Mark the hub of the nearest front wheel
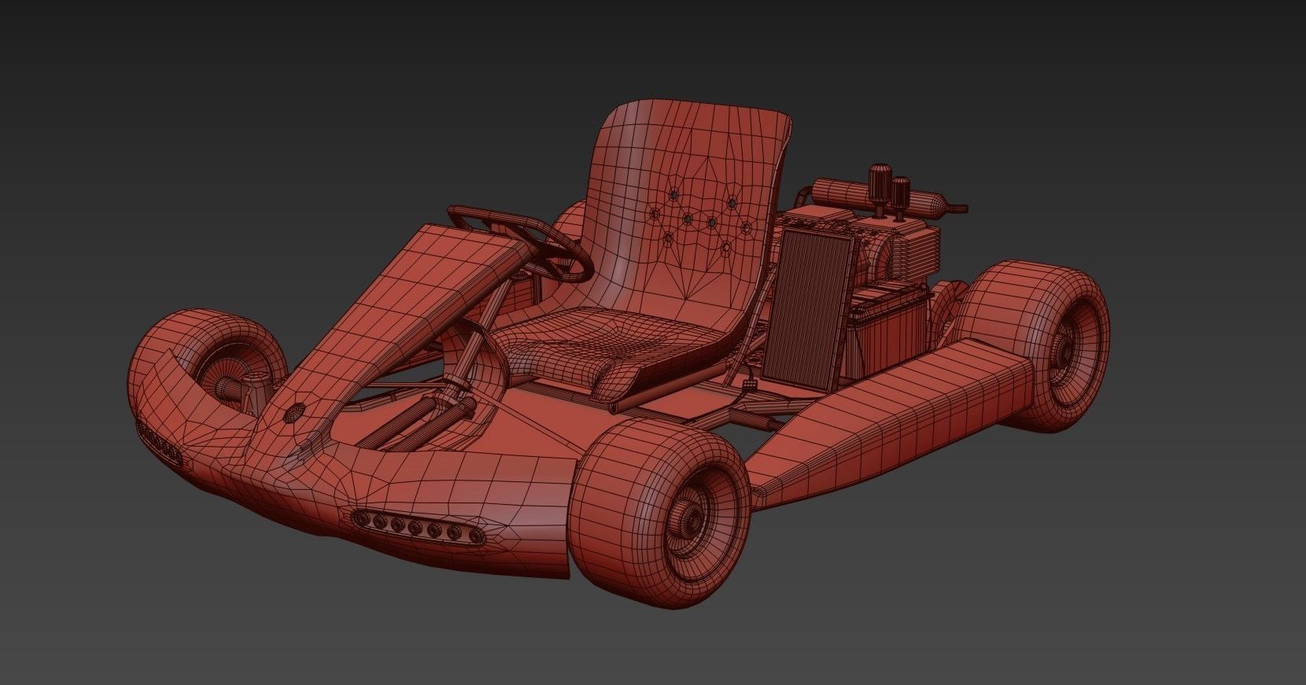coord(692,517)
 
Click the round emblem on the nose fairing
coord(297,411)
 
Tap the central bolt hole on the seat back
coord(688,219)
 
